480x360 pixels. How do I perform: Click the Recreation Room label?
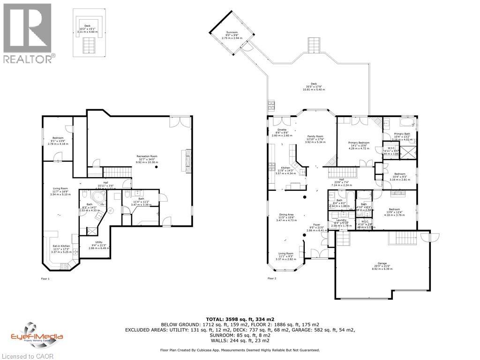point(147,158)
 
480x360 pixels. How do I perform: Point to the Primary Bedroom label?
point(359,145)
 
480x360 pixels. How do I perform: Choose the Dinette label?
point(281,133)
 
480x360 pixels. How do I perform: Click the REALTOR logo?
point(28,33)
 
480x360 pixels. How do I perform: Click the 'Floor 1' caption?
point(45,278)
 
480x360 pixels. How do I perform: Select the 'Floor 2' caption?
point(272,278)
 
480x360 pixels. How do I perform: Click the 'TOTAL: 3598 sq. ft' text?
point(240,319)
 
